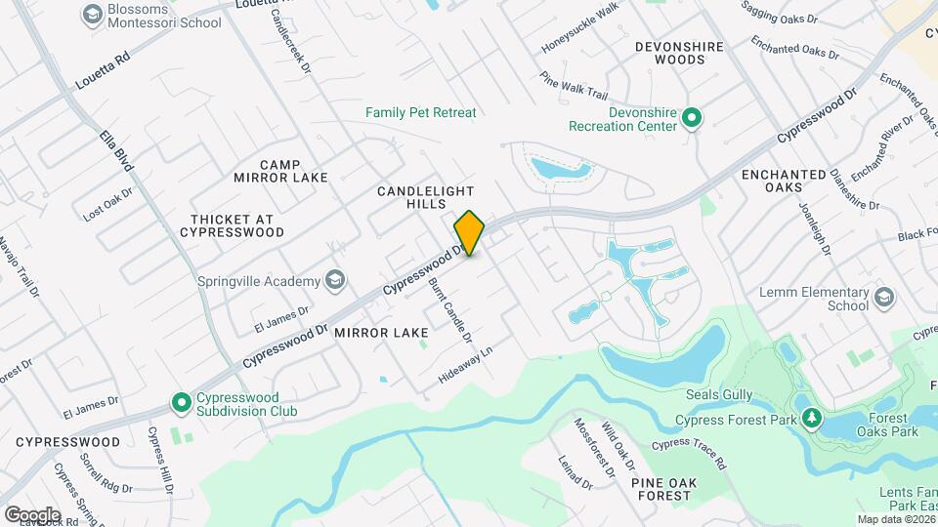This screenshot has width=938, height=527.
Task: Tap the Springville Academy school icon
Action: click(336, 281)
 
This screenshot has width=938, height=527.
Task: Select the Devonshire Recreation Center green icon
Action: click(692, 119)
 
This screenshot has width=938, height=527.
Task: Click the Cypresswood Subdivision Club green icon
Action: click(181, 402)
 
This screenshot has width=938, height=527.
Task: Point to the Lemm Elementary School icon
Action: click(884, 298)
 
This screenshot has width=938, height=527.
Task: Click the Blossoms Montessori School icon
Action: click(92, 15)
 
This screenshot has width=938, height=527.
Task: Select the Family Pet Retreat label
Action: click(421, 112)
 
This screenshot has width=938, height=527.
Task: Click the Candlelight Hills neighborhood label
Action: click(426, 197)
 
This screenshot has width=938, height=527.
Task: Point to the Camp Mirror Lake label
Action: click(280, 171)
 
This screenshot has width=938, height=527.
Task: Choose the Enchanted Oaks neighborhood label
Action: click(784, 181)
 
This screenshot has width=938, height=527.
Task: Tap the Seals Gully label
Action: click(718, 394)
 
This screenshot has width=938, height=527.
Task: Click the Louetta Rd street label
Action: click(103, 72)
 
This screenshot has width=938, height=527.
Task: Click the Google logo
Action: click(32, 514)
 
